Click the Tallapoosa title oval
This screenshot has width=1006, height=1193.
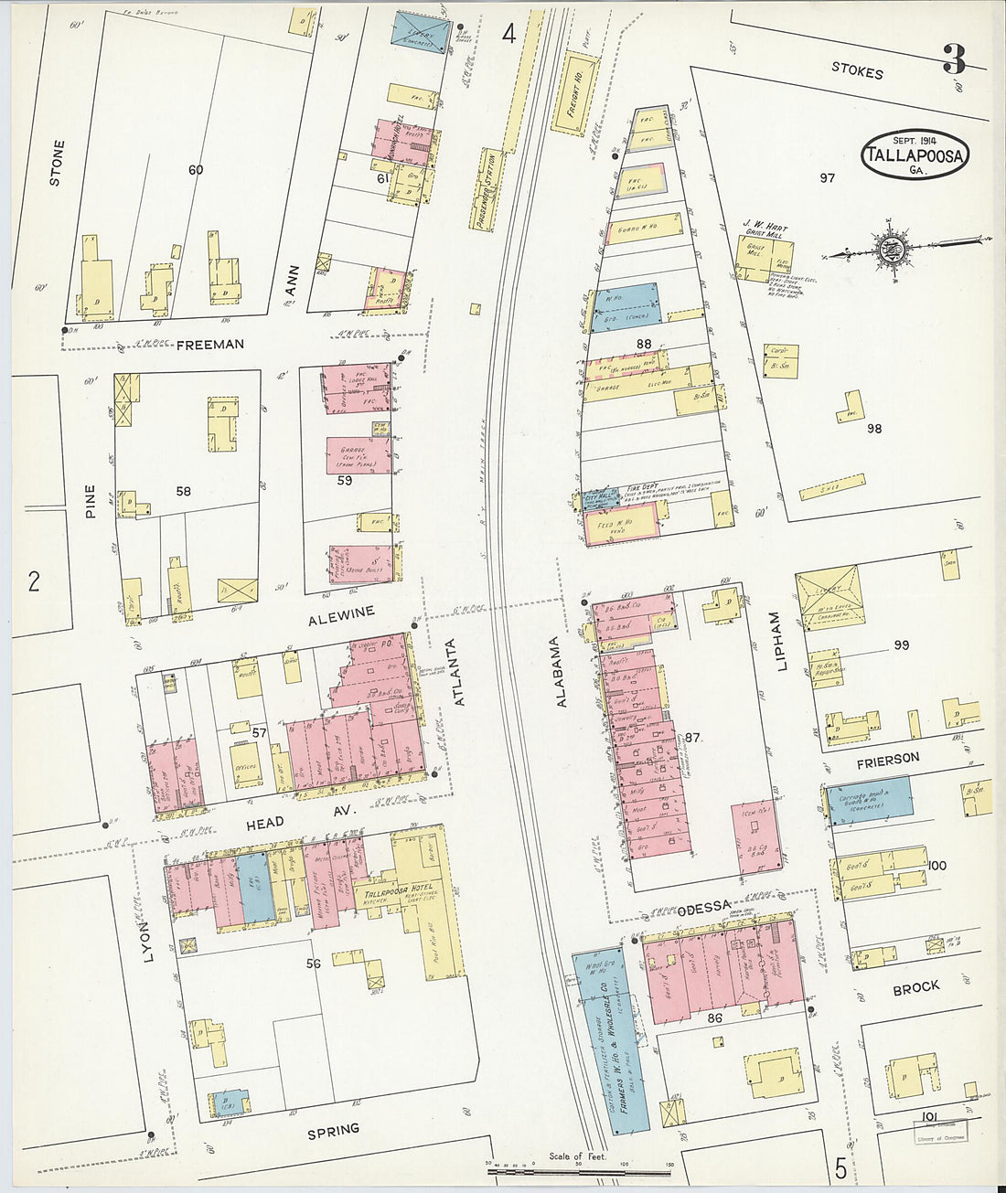[x=914, y=154]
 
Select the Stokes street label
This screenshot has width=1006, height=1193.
[x=857, y=71]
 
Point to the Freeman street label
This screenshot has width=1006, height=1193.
[x=210, y=345]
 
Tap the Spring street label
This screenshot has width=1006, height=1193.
[x=333, y=1130]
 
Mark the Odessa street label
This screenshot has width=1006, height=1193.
[x=704, y=907]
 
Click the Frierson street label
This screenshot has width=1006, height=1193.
[x=887, y=759]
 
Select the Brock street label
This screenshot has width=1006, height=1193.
[x=915, y=988]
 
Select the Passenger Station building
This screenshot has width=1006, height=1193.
[x=489, y=190]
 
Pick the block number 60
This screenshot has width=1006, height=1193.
[x=195, y=170]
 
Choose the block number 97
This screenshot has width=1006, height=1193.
[x=827, y=178]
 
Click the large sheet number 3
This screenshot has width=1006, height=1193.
[x=954, y=59]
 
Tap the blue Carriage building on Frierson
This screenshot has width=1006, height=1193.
[x=868, y=797]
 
